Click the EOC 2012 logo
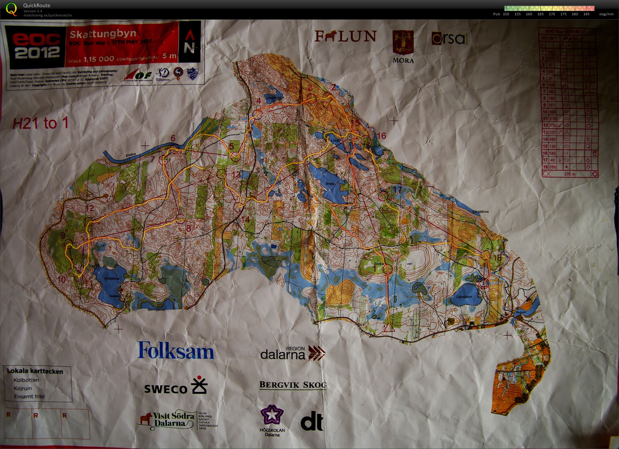[35, 46]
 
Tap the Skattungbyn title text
[103, 34]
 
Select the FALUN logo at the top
[345, 36]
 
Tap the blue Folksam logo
[175, 350]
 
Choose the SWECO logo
[176, 386]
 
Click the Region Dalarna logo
[293, 353]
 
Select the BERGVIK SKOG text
[293, 385]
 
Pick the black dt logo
[312, 421]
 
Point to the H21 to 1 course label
[40, 123]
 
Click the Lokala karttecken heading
[35, 372]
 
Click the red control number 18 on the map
[497, 258]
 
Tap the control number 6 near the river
[173, 138]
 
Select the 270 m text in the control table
[570, 174]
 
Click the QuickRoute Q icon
[12, 9]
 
